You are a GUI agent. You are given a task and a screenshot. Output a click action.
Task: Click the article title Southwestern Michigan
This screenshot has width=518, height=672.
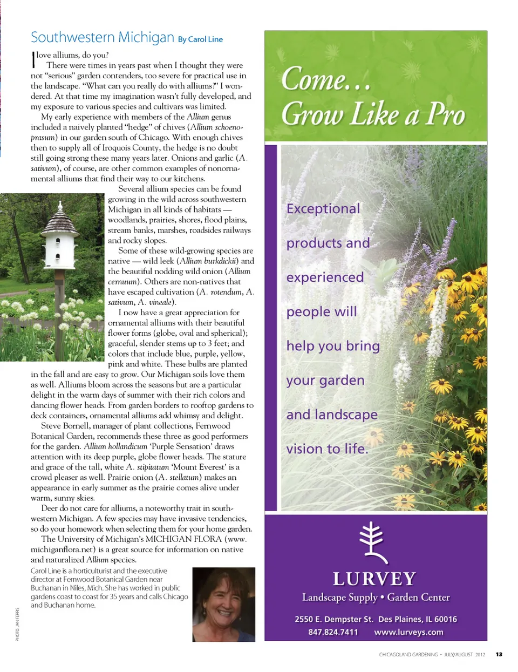[102, 37]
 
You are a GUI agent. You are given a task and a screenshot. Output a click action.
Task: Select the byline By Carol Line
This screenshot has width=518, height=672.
[200, 39]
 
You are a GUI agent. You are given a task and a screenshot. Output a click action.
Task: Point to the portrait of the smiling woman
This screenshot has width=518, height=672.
[223, 604]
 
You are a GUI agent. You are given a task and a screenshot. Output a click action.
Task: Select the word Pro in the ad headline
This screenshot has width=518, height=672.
[446, 114]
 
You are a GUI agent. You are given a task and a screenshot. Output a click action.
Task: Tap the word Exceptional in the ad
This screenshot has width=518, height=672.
[323, 209]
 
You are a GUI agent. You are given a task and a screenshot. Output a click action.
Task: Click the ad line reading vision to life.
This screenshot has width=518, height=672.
[327, 449]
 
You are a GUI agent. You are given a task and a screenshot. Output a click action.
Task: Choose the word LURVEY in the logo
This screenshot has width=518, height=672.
[374, 579]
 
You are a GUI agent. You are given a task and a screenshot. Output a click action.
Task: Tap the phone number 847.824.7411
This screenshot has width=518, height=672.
[333, 632]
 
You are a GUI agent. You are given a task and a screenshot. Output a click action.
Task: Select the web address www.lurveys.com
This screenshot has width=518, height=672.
[408, 632]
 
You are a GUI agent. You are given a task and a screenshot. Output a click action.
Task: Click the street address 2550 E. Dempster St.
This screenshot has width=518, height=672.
[333, 619]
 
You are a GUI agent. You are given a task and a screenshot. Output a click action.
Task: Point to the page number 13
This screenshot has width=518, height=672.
[499, 655]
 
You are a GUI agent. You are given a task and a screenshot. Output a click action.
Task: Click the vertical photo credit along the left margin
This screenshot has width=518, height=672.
[17, 625]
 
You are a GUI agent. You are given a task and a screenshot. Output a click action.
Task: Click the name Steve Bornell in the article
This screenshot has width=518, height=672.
[64, 426]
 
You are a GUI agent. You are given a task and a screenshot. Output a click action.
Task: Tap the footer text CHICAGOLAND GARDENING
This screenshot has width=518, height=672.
[408, 655]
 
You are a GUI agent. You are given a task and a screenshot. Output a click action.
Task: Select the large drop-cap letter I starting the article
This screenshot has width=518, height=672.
[33, 59]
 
